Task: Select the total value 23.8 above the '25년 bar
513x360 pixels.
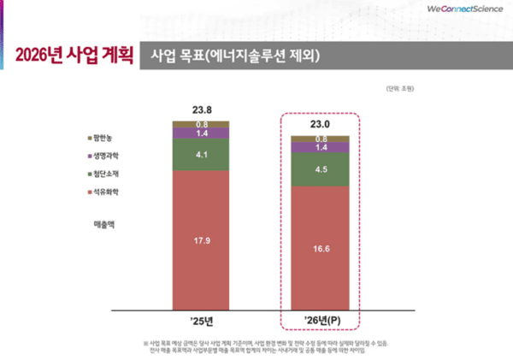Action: tap(202, 109)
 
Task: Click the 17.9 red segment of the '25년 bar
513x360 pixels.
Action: tap(202, 240)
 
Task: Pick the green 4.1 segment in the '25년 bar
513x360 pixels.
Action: tap(202, 155)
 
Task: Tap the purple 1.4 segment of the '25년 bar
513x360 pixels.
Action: tap(202, 133)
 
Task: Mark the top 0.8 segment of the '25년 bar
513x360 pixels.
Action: tap(202, 124)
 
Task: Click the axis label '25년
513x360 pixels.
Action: tap(202, 322)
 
